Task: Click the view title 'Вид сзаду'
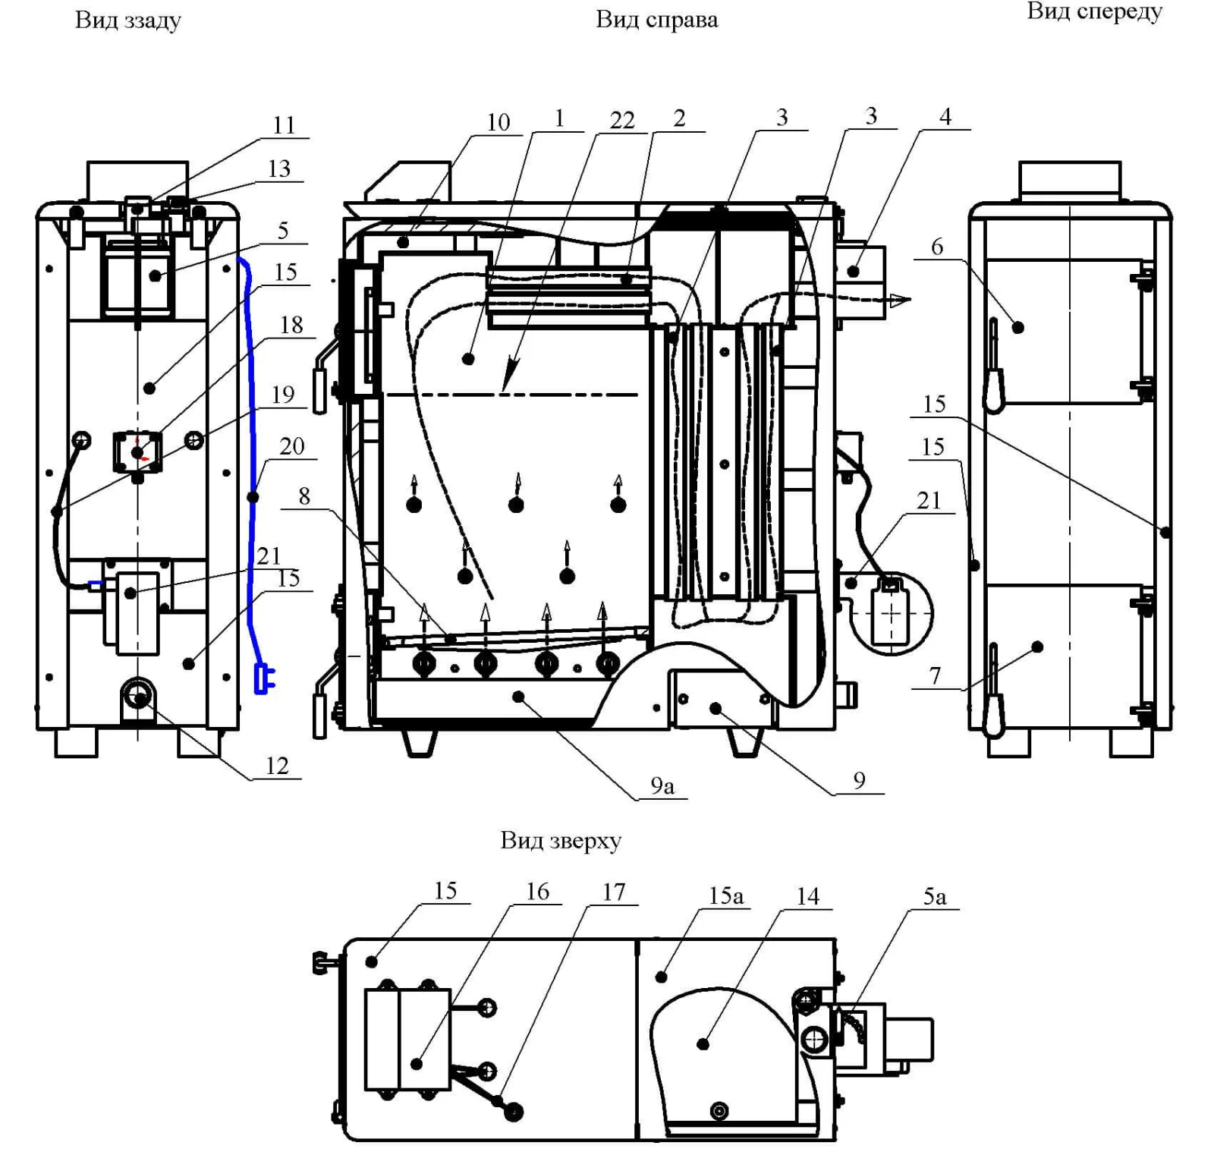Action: tap(128, 20)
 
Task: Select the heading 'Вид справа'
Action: tap(656, 20)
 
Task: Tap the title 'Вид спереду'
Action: tap(1094, 12)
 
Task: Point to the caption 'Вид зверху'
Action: tap(561, 841)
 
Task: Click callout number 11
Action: tap(284, 125)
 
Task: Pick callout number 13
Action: tap(279, 168)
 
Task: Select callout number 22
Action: tap(622, 120)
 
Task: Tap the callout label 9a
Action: tap(662, 786)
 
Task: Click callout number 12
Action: tap(277, 766)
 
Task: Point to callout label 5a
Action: tap(935, 897)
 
